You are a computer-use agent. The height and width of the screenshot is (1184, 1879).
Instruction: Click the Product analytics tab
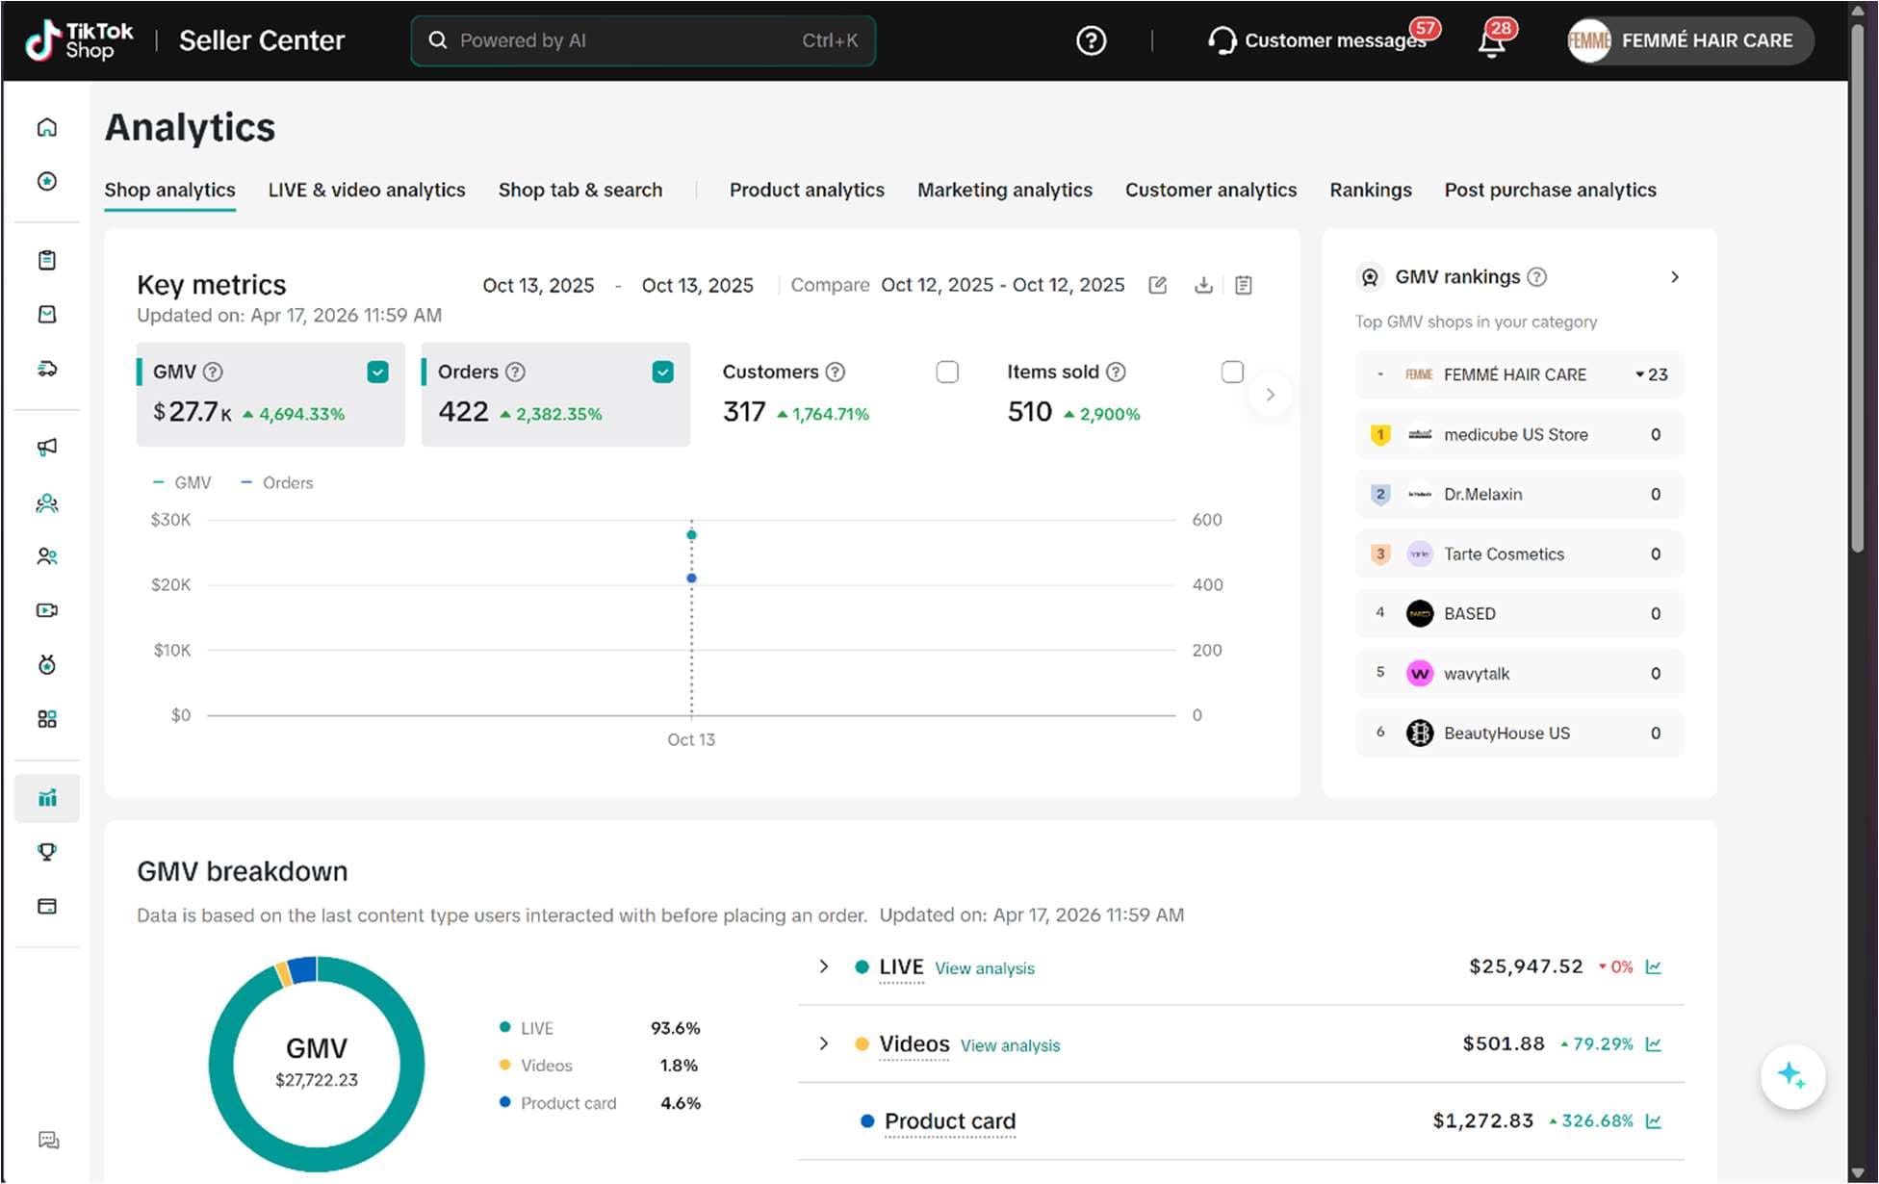tap(807, 190)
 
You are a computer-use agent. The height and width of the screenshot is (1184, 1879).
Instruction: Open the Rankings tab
tap(1371, 190)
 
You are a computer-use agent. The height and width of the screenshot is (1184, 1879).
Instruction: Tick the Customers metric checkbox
tap(947, 372)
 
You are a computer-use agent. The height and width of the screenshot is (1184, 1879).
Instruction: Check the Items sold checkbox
tap(1232, 372)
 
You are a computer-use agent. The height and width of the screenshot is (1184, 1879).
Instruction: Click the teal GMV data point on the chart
tap(691, 534)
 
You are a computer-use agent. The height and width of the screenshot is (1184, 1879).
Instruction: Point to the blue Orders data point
tap(691, 578)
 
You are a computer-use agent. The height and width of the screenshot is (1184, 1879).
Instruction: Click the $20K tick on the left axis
tap(170, 584)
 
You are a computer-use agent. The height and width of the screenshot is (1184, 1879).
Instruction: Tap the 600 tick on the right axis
tap(1207, 520)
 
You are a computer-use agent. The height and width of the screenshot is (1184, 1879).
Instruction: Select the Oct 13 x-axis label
tap(691, 739)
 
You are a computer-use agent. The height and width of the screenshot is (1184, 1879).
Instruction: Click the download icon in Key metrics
tap(1203, 285)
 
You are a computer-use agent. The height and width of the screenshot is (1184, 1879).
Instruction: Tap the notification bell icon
tap(1492, 41)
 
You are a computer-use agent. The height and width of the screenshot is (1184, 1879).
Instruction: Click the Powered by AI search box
tap(643, 40)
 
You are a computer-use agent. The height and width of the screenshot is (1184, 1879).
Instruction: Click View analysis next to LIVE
tap(985, 968)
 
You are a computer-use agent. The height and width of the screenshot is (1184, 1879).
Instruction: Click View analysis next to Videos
tap(1010, 1045)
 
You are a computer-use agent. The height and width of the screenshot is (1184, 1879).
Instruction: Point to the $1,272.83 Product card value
tap(1482, 1120)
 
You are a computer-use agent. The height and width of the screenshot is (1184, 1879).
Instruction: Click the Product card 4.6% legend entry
tap(600, 1103)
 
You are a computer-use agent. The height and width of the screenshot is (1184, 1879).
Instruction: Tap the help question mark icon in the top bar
tap(1091, 40)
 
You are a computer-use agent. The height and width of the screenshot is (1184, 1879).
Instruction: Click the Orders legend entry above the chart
tap(277, 482)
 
